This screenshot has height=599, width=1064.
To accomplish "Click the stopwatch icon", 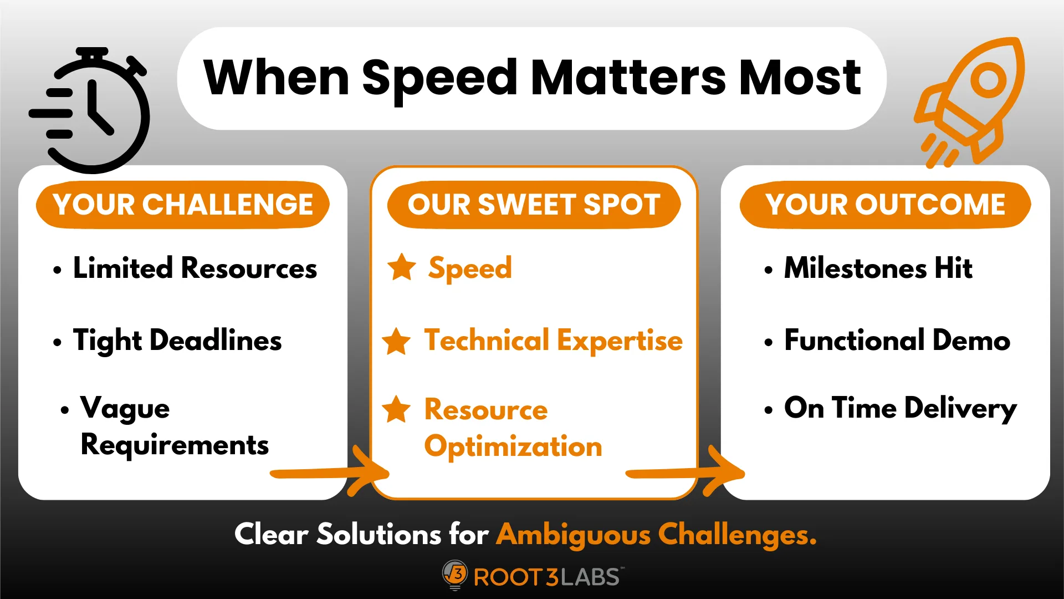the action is [x=91, y=111].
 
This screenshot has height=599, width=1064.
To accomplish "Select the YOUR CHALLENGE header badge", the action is [x=183, y=205].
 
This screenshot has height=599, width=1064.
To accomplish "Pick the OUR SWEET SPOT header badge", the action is [x=534, y=205].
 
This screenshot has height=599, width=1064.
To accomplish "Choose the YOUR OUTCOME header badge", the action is [x=885, y=205].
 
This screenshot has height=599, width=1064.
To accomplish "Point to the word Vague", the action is [x=125, y=409].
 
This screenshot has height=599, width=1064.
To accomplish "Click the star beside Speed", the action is [x=402, y=267].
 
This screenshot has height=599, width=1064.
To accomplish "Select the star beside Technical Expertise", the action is [x=397, y=341].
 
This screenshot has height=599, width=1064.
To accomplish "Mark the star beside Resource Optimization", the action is [x=397, y=409].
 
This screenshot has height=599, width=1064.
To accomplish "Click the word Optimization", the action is [x=513, y=447].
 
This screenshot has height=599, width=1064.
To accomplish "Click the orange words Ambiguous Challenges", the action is [x=657, y=535].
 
